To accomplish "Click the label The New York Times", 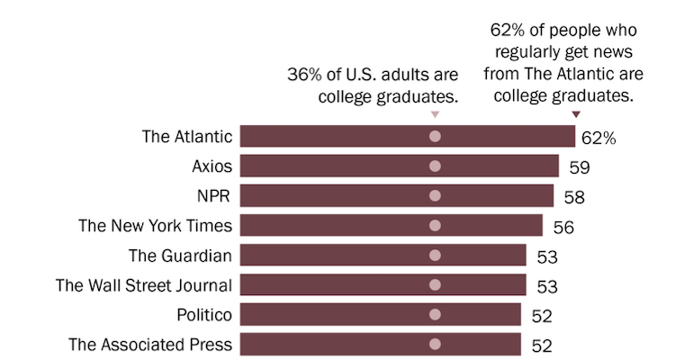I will click(x=156, y=225).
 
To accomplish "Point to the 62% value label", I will click(x=598, y=138).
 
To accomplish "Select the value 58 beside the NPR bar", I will click(x=574, y=197).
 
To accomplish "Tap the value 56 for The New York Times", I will click(x=562, y=227).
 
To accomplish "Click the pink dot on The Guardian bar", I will click(x=436, y=255).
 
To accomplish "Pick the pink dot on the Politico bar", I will click(x=436, y=314).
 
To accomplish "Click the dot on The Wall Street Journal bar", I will click(x=436, y=284).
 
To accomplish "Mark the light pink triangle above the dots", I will click(x=436, y=114).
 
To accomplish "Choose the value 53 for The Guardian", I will click(x=546, y=256).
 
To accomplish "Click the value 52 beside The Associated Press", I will click(x=541, y=346).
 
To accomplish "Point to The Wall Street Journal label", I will click(x=144, y=284).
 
